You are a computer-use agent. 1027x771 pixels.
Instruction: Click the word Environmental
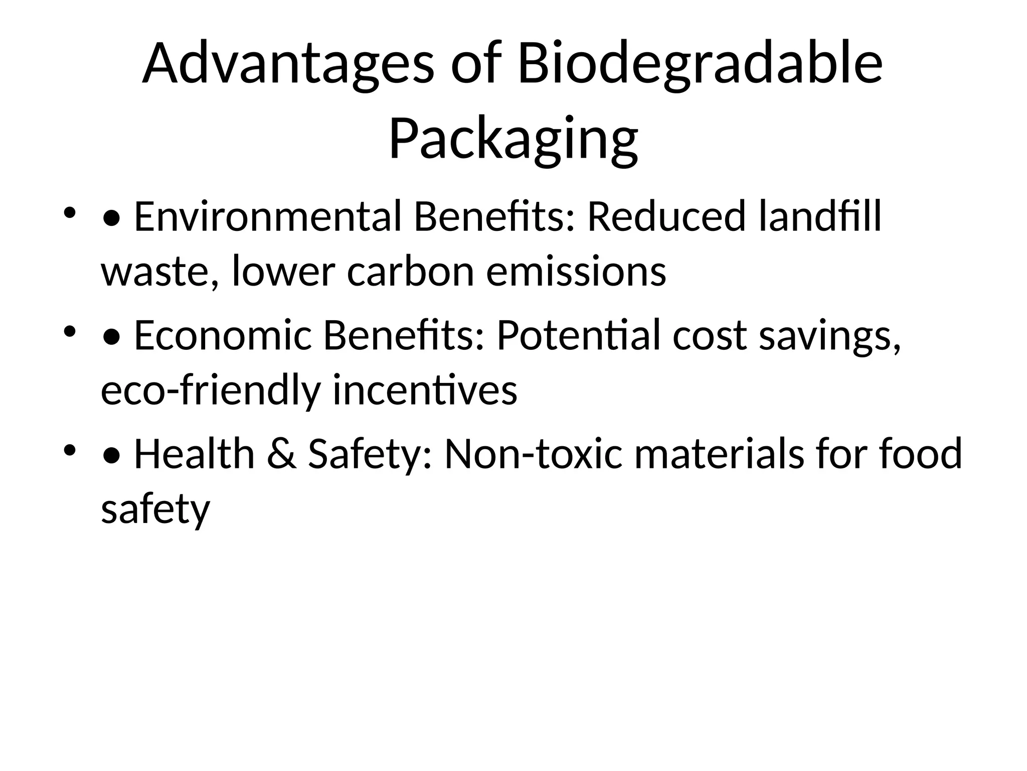pos(267,217)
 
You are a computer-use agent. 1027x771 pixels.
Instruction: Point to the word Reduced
pos(666,217)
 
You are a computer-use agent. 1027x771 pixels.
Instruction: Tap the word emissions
pos(576,272)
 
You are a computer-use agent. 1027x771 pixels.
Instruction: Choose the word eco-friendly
pos(210,391)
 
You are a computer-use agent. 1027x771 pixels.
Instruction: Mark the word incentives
pos(425,391)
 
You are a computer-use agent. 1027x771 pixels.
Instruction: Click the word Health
pos(195,454)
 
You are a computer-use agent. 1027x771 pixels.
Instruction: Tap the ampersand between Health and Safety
pos(281,454)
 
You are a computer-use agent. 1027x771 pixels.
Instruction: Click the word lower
pos(283,272)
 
